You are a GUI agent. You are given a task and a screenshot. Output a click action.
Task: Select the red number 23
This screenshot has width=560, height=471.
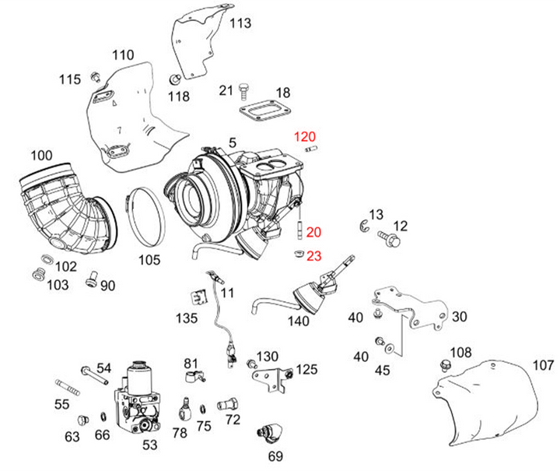coord(313,255)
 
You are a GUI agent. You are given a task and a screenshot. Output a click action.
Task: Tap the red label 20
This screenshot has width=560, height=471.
coord(313,232)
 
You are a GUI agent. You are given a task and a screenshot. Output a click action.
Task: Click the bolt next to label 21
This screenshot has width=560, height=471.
coord(243,92)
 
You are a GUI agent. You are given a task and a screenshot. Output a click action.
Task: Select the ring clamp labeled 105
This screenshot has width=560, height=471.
coord(145,214)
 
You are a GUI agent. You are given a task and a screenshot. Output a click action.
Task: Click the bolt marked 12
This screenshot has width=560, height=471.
coord(388,237)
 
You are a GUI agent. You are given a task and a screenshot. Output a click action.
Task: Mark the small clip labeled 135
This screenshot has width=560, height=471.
coord(199,296)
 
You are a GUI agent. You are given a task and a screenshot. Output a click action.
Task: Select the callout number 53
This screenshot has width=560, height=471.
coord(149,445)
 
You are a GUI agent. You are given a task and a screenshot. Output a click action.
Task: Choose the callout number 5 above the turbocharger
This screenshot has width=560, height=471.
coord(232,142)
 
